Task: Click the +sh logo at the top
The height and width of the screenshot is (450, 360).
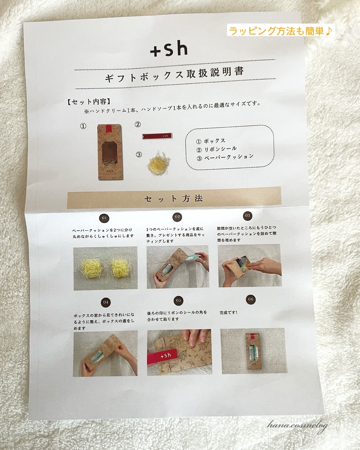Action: (x=169, y=49)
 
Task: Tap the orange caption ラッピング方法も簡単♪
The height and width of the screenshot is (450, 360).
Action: (x=281, y=31)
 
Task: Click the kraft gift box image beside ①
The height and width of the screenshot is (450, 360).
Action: (x=110, y=152)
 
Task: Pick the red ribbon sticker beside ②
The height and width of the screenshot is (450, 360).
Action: (x=157, y=136)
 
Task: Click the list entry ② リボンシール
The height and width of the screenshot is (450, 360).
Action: (x=217, y=149)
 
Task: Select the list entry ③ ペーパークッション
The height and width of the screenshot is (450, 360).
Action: (x=225, y=157)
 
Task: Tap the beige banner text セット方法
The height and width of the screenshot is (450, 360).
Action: (x=174, y=199)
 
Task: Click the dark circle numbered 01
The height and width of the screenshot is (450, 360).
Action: (x=104, y=218)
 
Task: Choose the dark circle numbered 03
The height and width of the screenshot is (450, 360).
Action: (x=247, y=215)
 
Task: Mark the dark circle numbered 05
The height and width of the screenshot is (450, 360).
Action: (x=179, y=300)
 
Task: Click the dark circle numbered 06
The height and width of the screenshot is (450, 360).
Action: (x=251, y=299)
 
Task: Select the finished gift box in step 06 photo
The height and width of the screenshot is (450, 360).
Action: (x=254, y=351)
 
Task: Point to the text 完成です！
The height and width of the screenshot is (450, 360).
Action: (x=229, y=312)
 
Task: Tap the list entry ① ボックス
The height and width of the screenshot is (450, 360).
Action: (x=211, y=141)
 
